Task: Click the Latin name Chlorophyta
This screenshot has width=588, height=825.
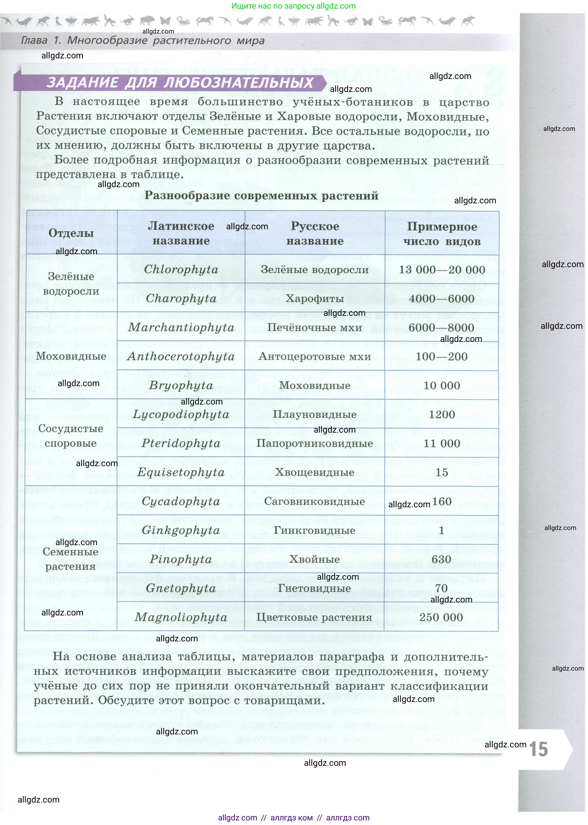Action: point(181,270)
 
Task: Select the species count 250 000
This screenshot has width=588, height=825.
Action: point(441,617)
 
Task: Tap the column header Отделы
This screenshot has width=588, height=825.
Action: point(71,233)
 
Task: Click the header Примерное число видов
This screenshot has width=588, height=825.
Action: point(442,234)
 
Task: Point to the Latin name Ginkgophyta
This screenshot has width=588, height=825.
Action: point(181,531)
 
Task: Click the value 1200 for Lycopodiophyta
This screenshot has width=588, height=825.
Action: point(442,415)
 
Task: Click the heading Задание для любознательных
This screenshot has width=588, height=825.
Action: point(180,83)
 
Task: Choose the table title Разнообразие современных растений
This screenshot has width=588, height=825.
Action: point(261,196)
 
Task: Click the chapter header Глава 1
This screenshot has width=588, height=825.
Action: point(143,41)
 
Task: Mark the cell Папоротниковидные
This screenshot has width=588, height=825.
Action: point(314,443)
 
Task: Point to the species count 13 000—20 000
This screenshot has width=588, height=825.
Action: point(442,270)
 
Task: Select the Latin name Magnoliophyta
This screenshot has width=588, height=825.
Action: point(181,617)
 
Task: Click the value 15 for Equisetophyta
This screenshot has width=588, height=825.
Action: point(442,472)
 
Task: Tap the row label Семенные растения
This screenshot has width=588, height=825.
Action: point(70,559)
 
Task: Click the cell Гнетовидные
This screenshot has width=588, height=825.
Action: point(314,588)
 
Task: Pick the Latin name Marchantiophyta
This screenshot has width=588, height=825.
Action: point(181,327)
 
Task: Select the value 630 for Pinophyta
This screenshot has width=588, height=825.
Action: point(441,559)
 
